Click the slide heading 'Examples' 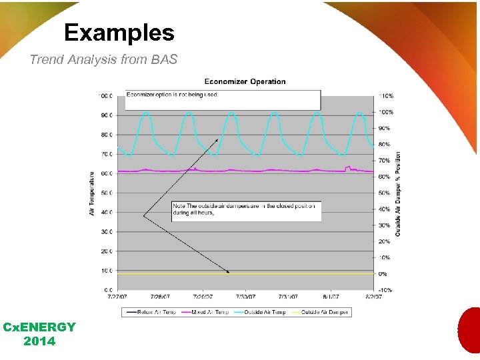(x=119, y=33)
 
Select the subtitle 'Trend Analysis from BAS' (x=103, y=59)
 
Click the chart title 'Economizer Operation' (x=245, y=82)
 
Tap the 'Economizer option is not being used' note (x=173, y=95)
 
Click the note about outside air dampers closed (x=244, y=209)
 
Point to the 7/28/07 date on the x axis (x=160, y=297)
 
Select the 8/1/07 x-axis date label (x=331, y=297)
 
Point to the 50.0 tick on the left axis (x=106, y=193)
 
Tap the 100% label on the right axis (x=385, y=112)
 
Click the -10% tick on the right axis (x=385, y=290)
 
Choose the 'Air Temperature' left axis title (x=92, y=193)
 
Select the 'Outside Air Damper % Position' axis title (x=398, y=193)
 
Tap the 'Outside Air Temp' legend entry (x=263, y=312)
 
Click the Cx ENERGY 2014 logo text (x=39, y=334)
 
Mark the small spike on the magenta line (x=347, y=167)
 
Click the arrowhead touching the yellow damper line (x=228, y=271)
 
